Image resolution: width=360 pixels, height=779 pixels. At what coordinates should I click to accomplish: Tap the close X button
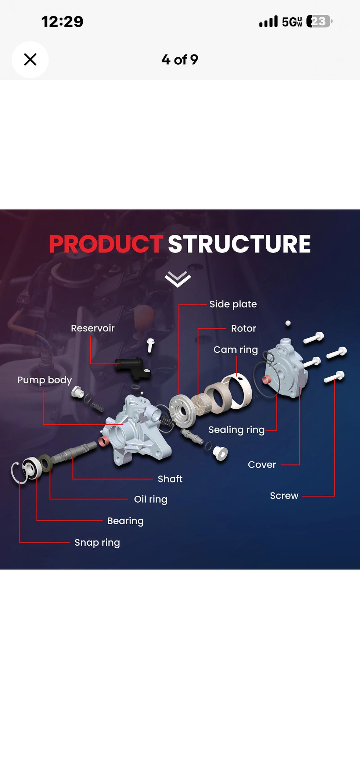30,60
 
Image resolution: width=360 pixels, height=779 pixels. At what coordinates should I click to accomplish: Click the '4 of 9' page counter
180,60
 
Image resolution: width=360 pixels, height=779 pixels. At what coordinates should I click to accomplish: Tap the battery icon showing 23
319,22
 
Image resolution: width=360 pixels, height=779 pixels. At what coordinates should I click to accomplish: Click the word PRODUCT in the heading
106,244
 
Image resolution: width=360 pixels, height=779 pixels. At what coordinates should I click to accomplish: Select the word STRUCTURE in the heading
239,244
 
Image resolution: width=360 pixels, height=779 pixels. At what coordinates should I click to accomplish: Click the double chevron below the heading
178,279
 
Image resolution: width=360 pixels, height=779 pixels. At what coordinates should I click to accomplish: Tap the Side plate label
233,304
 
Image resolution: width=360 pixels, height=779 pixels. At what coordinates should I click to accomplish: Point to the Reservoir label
93,328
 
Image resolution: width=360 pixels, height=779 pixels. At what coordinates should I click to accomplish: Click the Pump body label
44,380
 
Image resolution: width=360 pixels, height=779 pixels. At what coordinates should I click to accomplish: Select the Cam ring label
235,349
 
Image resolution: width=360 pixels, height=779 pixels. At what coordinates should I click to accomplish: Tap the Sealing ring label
236,430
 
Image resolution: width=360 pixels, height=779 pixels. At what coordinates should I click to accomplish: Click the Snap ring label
97,543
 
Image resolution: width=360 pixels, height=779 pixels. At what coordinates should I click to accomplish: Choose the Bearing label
125,521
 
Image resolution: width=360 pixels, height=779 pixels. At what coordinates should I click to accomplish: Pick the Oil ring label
151,499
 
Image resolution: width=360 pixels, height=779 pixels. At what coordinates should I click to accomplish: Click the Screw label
284,496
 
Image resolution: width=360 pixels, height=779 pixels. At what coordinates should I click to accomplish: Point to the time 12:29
62,22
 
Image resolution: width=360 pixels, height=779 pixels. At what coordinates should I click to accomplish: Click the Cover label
262,465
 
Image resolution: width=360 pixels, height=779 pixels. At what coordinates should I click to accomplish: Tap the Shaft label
170,479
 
